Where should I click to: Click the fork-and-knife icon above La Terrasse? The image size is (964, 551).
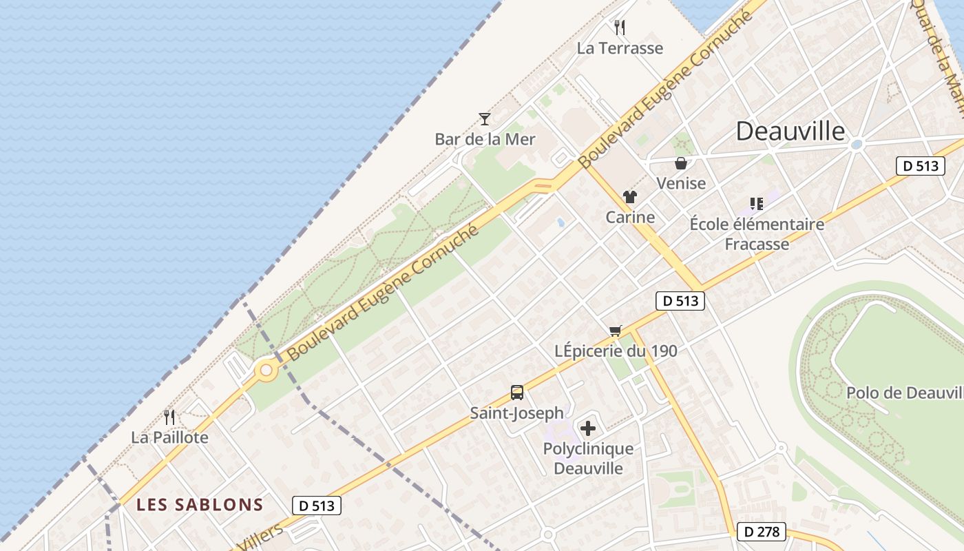pos(620,28)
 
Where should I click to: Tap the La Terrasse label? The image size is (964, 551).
pos(620,48)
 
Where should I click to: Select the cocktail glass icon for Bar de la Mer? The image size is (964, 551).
pos(485,119)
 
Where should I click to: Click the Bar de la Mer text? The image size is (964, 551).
pos(485,139)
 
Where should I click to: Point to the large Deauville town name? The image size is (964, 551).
pos(790,131)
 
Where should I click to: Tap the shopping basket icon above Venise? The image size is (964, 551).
pos(681,163)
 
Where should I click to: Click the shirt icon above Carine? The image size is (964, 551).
pos(630,197)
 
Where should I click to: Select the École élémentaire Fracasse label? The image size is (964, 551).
pos(757,234)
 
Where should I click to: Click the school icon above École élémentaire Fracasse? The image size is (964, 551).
pos(757,204)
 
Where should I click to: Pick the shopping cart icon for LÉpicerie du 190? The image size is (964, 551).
pos(616,331)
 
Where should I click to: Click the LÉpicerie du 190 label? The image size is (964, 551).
pos(616,351)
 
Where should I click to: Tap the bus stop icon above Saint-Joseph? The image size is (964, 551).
pos(517,393)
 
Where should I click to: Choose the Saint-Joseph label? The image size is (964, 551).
pos(517,413)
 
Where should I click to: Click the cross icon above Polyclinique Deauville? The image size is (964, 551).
pos(588,429)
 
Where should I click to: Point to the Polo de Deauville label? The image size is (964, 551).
pos(904,393)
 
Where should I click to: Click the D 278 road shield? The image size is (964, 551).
pos(761,532)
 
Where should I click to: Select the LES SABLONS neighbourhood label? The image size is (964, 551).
pos(200,505)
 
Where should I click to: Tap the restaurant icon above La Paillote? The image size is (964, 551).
pos(169,417)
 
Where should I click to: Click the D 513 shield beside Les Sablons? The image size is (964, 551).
pos(317,506)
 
